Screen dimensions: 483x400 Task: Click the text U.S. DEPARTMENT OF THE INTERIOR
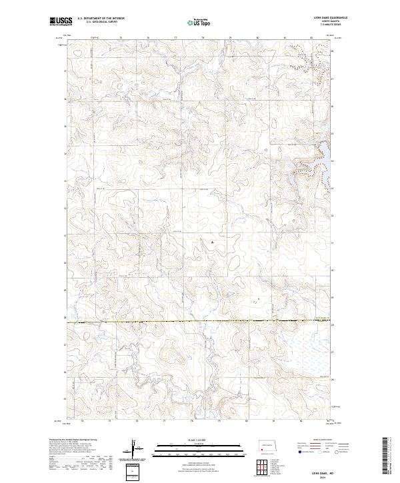[101, 19]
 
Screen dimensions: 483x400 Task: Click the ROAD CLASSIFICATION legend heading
[320, 440]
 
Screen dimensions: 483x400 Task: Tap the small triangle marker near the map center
[212, 243]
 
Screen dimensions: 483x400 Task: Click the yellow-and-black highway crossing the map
[200, 322]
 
